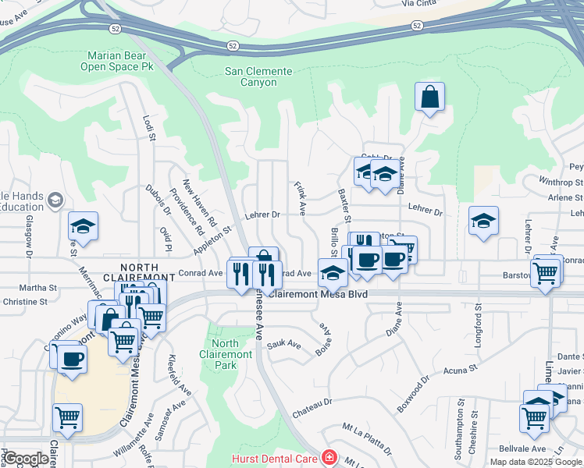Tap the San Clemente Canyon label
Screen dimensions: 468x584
(x=258, y=76)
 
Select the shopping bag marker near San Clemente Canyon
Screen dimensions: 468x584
(x=429, y=97)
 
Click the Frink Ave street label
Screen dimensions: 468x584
(x=300, y=199)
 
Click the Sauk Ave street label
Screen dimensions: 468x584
(x=283, y=343)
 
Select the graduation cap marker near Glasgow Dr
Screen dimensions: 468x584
(x=83, y=226)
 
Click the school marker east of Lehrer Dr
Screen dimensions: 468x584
(x=483, y=221)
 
